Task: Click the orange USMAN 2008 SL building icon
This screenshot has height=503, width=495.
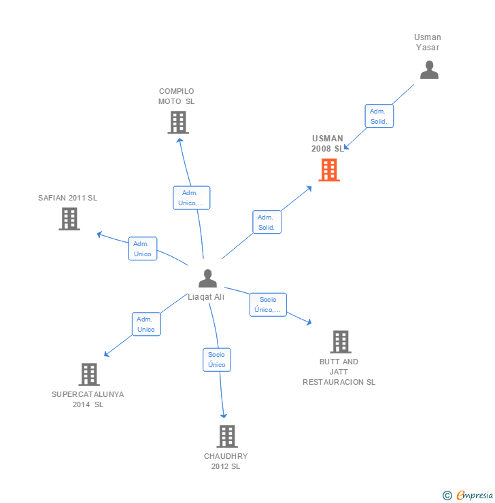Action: point(329,170)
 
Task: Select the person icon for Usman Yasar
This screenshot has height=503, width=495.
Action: point(429,70)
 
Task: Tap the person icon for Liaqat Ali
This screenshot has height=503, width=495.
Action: point(207,278)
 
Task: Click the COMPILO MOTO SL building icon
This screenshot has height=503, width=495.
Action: point(177,122)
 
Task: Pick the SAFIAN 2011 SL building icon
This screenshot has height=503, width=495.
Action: point(69,219)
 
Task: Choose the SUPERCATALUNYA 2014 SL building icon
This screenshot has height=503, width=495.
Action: point(89,375)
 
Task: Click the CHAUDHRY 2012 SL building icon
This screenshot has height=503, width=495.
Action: point(226,436)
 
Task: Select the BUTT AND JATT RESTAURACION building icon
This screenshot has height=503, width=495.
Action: point(340,342)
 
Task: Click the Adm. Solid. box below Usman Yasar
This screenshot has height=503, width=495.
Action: point(379,116)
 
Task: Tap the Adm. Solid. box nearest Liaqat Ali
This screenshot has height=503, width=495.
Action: point(267,222)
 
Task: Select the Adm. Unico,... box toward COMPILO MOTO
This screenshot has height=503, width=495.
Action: point(191,197)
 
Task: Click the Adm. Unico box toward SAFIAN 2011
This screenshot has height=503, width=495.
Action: point(143,249)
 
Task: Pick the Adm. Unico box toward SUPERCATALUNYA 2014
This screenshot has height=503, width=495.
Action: point(146,324)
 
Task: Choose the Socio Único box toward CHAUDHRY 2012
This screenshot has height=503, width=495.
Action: point(217,360)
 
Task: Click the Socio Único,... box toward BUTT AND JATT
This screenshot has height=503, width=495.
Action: point(268,305)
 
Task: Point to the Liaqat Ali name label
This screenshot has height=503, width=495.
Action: point(206,297)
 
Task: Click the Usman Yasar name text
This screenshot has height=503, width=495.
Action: point(428,42)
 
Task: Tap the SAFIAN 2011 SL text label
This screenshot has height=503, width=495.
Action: point(68,198)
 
